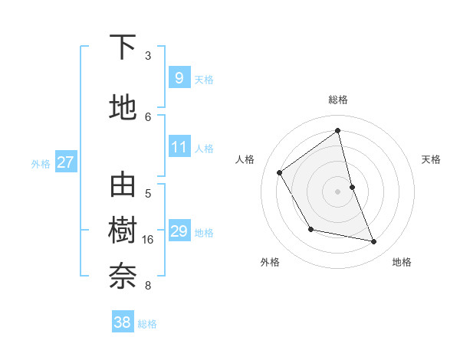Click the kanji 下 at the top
pyautogui.click(x=123, y=49)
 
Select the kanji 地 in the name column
pyautogui.click(x=123, y=108)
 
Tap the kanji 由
pyautogui.click(x=123, y=186)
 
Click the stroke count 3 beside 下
pyautogui.click(x=148, y=56)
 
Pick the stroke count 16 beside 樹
pyautogui.click(x=148, y=240)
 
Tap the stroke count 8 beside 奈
pyautogui.click(x=148, y=286)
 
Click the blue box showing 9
pyautogui.click(x=179, y=77)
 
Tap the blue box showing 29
pyautogui.click(x=179, y=231)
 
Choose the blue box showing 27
pyautogui.click(x=66, y=162)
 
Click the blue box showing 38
pyautogui.click(x=123, y=322)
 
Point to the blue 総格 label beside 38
pyautogui.click(x=147, y=324)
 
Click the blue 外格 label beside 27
pyautogui.click(x=41, y=163)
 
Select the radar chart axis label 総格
pyautogui.click(x=338, y=100)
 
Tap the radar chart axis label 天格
pyautogui.click(x=432, y=159)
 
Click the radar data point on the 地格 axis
pyautogui.click(x=374, y=242)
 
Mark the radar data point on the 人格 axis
pyautogui.click(x=280, y=172)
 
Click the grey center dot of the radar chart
pyautogui.click(x=338, y=191)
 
